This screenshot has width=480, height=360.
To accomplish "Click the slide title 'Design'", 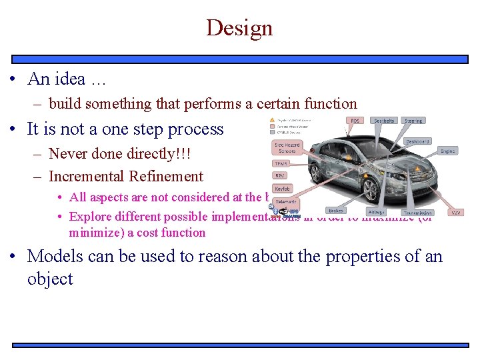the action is (x=239, y=28).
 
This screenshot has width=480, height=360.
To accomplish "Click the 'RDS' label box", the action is (x=355, y=121).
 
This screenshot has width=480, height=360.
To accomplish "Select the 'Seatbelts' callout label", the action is (x=384, y=121).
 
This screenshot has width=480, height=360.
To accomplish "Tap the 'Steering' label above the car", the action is (x=413, y=121).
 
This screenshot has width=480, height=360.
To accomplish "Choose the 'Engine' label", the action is (x=447, y=151).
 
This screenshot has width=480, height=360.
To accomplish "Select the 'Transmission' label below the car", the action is (x=417, y=213).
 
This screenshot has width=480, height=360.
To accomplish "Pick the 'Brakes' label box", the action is (x=336, y=211).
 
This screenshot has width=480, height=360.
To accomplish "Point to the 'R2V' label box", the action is (x=281, y=176).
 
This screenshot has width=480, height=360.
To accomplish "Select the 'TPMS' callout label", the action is (x=281, y=163).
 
